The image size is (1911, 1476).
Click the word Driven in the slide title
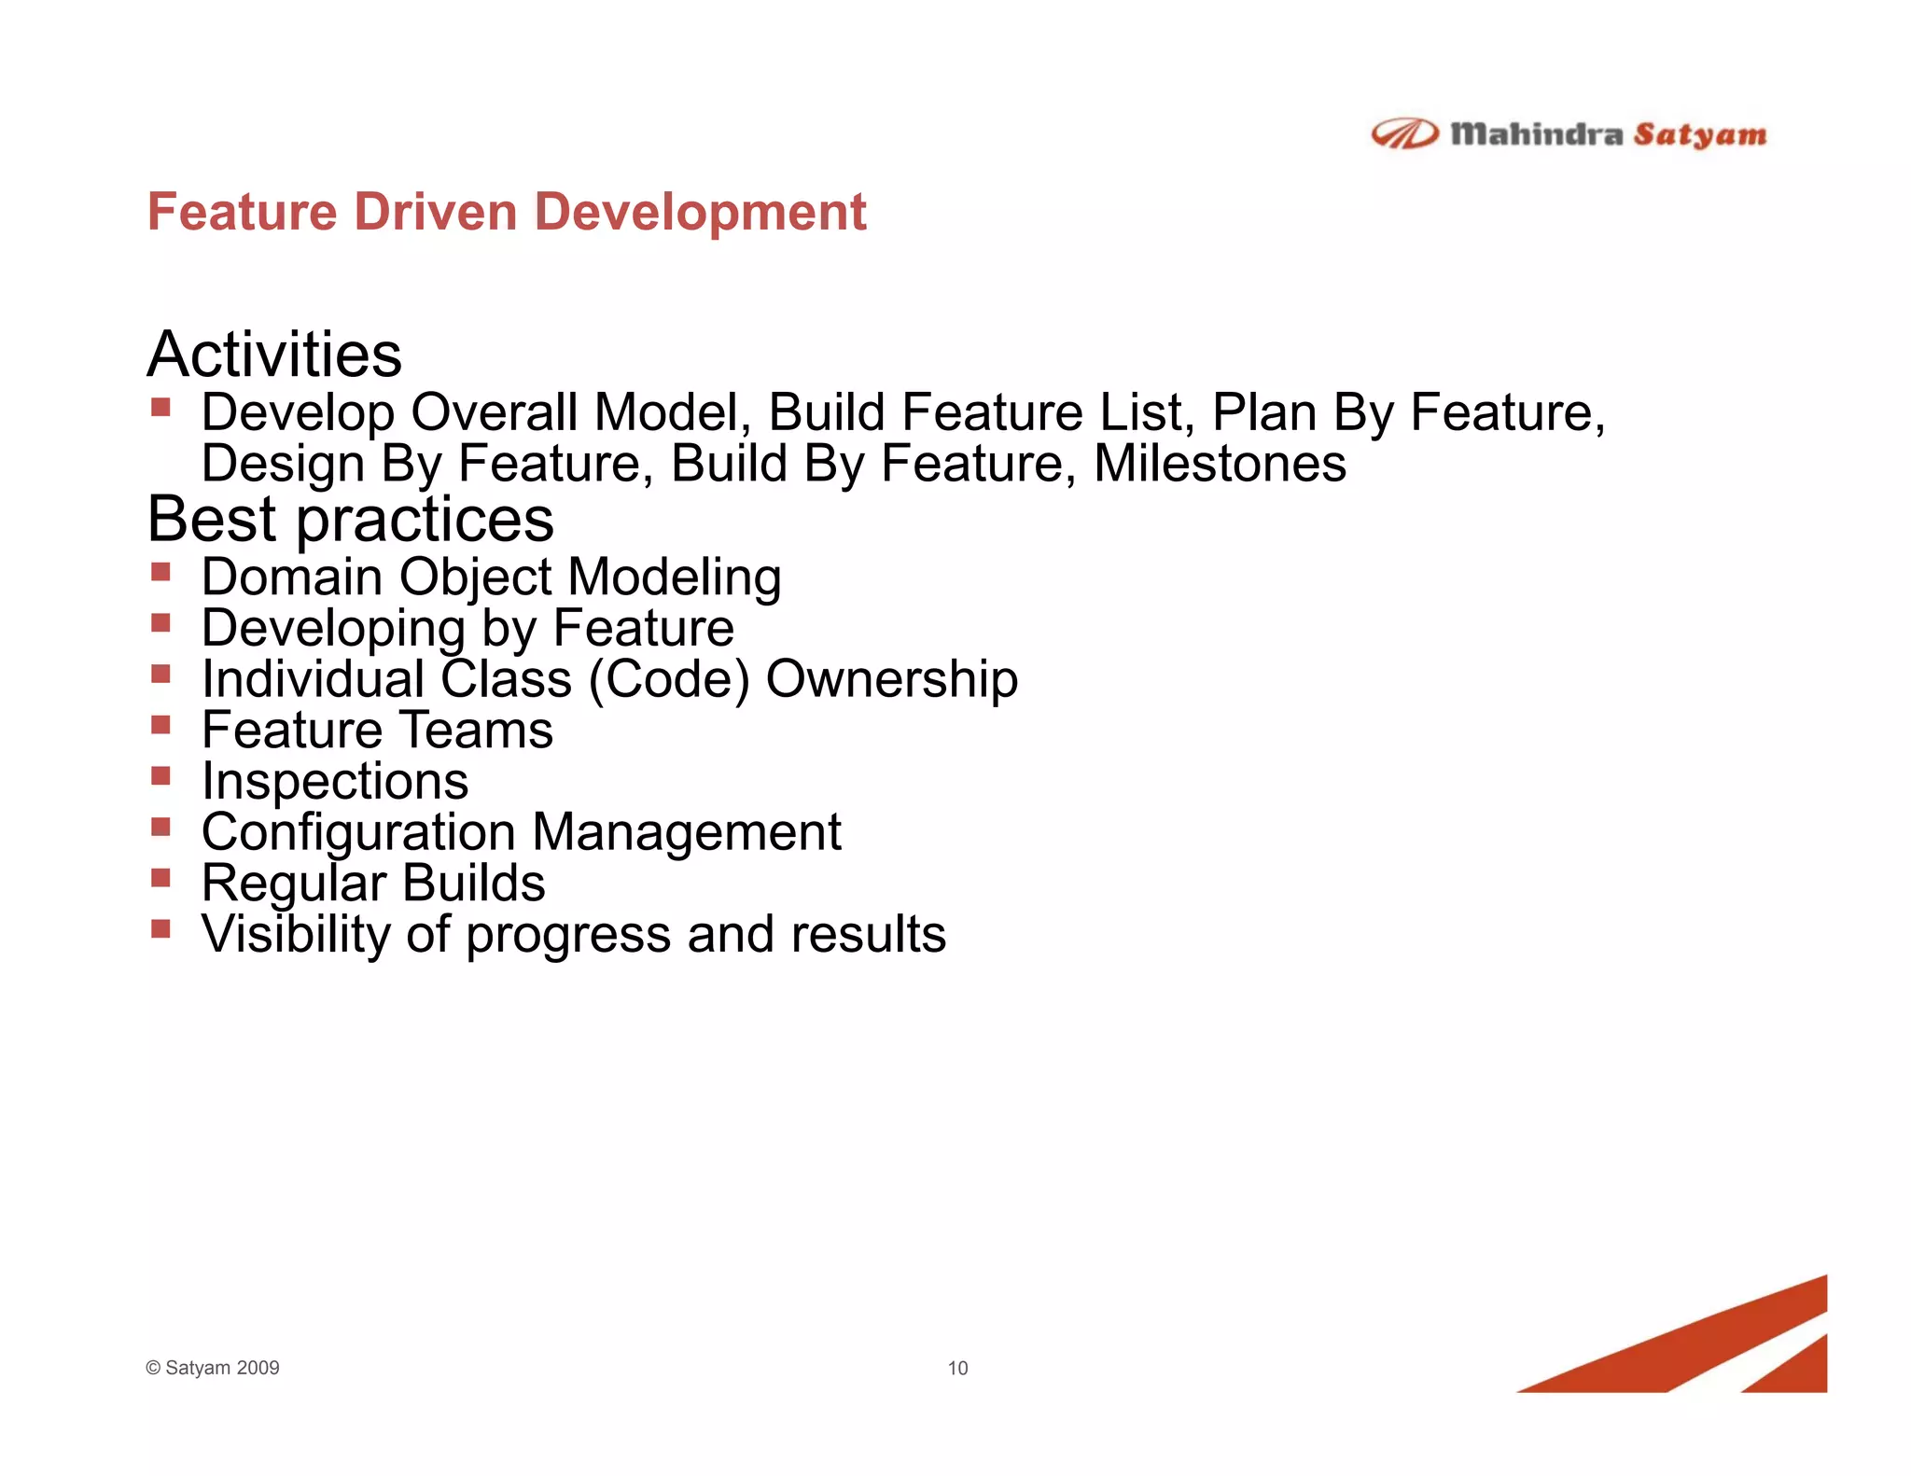(x=434, y=212)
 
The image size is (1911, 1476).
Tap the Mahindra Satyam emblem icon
(x=1403, y=134)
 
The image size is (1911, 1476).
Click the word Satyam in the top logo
(x=1699, y=135)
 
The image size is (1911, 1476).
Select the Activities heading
(x=274, y=355)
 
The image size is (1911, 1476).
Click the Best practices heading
(x=350, y=519)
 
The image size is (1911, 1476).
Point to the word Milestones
(x=1220, y=464)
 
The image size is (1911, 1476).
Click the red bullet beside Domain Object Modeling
(x=160, y=571)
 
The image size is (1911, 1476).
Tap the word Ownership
(x=891, y=678)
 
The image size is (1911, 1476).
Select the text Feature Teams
(x=377, y=730)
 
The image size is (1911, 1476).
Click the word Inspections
(x=335, y=781)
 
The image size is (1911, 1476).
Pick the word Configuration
(x=358, y=832)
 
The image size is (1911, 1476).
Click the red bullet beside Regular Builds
(x=160, y=877)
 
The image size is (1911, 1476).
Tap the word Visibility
(x=295, y=934)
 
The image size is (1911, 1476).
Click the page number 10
(x=957, y=1368)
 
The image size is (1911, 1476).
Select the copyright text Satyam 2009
(x=221, y=1368)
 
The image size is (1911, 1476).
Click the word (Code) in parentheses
(x=668, y=679)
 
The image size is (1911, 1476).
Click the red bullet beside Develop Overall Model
(x=160, y=407)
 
